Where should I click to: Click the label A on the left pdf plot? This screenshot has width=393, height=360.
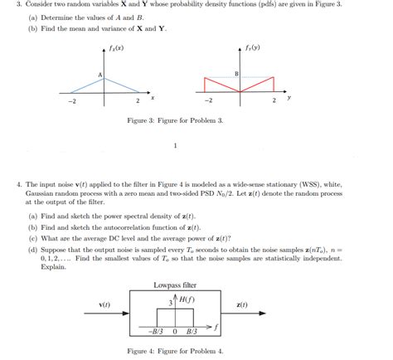[100, 75]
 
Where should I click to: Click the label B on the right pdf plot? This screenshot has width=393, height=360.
[236, 75]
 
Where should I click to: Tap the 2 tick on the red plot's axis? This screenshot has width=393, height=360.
[274, 100]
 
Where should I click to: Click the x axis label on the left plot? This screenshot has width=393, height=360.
[153, 98]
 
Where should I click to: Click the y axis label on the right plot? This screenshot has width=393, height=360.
[289, 97]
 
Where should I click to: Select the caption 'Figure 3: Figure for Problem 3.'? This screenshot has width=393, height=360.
[175, 121]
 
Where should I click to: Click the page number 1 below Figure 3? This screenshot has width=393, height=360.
[175, 146]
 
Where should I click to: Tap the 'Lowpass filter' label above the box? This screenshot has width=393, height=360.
[175, 285]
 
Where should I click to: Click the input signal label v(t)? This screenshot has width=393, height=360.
[105, 305]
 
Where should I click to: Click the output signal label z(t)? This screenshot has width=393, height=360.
[242, 305]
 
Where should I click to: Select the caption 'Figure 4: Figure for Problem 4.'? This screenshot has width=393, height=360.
[175, 352]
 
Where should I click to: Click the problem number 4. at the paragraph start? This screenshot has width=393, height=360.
[18, 185]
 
